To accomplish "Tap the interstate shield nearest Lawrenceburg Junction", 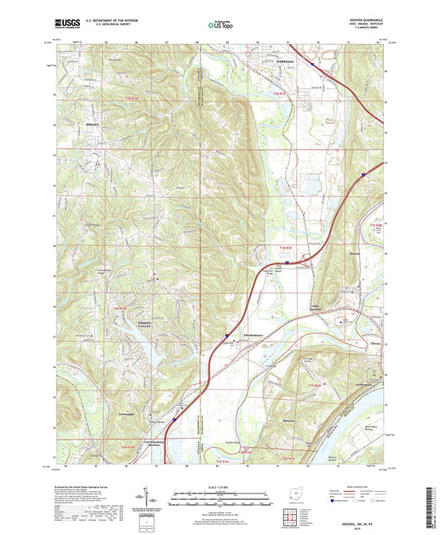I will (x=175, y=421).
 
